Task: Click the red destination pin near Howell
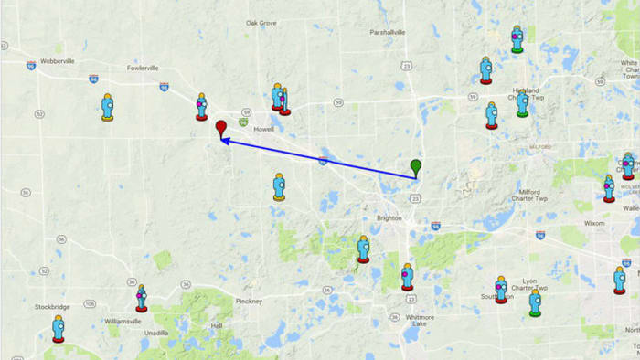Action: coord(220,129)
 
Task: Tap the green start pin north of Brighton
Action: coord(416,166)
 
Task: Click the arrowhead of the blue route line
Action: coord(223,141)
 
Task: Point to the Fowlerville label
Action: coord(144,67)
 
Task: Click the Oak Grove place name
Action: coord(261,23)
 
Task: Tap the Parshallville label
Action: coord(387,32)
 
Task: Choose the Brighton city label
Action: coord(389,218)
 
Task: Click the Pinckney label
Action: coord(249,301)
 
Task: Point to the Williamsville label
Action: coord(123,322)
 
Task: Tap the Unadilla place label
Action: coord(155,334)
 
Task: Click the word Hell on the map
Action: coord(217,325)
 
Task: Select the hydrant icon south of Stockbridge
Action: coord(59,328)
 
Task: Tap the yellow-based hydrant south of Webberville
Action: coord(108,107)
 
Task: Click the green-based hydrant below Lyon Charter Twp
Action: coord(535,302)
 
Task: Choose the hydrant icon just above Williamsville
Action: coord(141,297)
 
